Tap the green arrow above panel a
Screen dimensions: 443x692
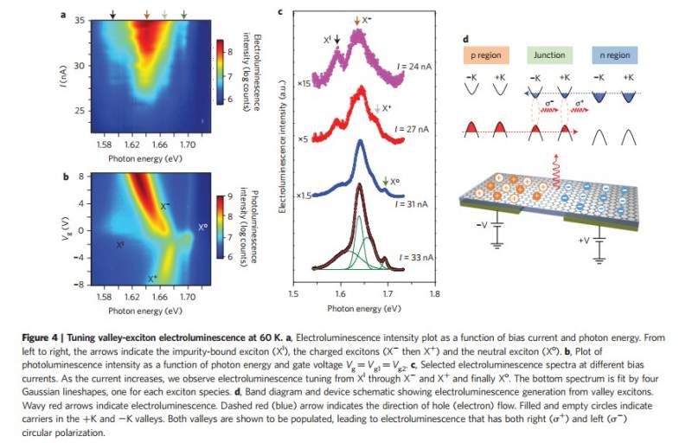pos(184,14)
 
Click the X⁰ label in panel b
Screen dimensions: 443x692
pos(202,227)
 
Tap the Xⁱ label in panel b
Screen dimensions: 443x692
pos(120,245)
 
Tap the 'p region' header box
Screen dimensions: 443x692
pos(488,55)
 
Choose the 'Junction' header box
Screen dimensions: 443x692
pos(550,55)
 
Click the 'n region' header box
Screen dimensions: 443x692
pos(614,55)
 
